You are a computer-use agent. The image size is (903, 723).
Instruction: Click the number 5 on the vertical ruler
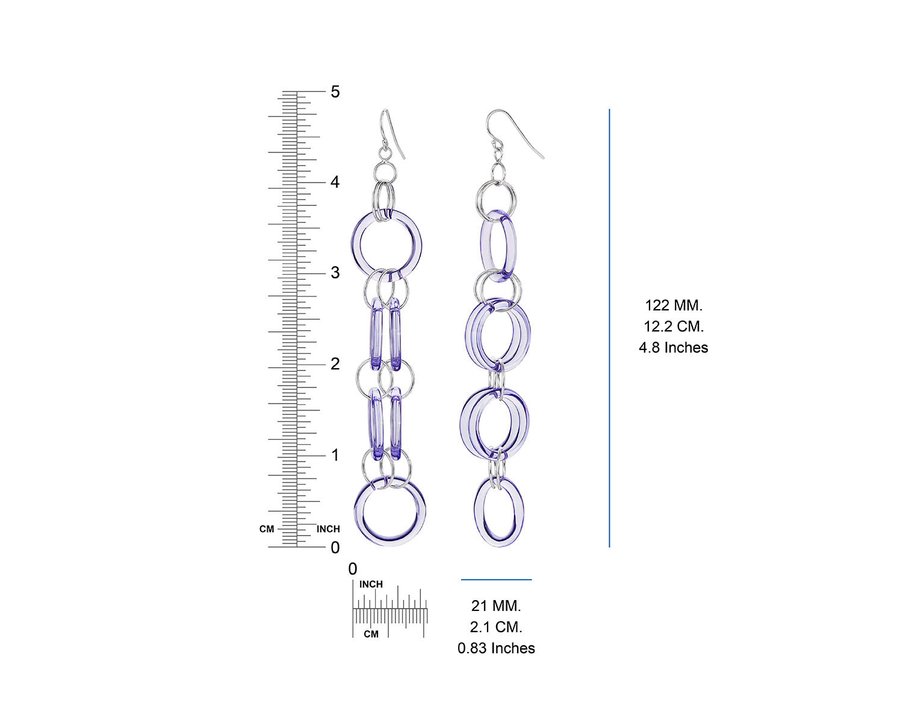[x=335, y=92]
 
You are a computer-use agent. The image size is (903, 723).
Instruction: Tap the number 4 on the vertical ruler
[x=335, y=182]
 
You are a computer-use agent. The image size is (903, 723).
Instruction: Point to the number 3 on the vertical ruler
[x=335, y=273]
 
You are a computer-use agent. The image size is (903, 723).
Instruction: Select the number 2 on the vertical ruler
[x=335, y=364]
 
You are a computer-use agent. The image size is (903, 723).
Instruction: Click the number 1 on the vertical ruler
[x=335, y=455]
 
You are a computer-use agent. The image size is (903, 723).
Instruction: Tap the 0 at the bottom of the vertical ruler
[x=335, y=548]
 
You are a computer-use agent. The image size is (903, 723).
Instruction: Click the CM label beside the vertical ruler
[x=267, y=529]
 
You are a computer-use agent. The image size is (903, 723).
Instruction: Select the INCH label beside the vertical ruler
[x=328, y=529]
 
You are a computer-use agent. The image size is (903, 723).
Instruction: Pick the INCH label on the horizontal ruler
[x=371, y=584]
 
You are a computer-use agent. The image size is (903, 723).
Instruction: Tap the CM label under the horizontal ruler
[x=371, y=634]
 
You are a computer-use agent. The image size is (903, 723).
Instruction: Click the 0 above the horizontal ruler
[x=353, y=569]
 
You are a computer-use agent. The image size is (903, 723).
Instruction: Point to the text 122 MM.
[x=674, y=305]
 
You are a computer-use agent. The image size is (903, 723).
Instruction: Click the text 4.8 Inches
[x=674, y=348]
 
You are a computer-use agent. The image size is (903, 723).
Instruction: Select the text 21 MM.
[x=496, y=606]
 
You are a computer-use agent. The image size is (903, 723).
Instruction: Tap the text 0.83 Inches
[x=496, y=648]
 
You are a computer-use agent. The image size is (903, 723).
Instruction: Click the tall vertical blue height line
[x=609, y=328]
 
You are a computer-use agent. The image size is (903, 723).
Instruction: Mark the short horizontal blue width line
[x=496, y=580]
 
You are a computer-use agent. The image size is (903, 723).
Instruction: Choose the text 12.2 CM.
[x=674, y=327]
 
